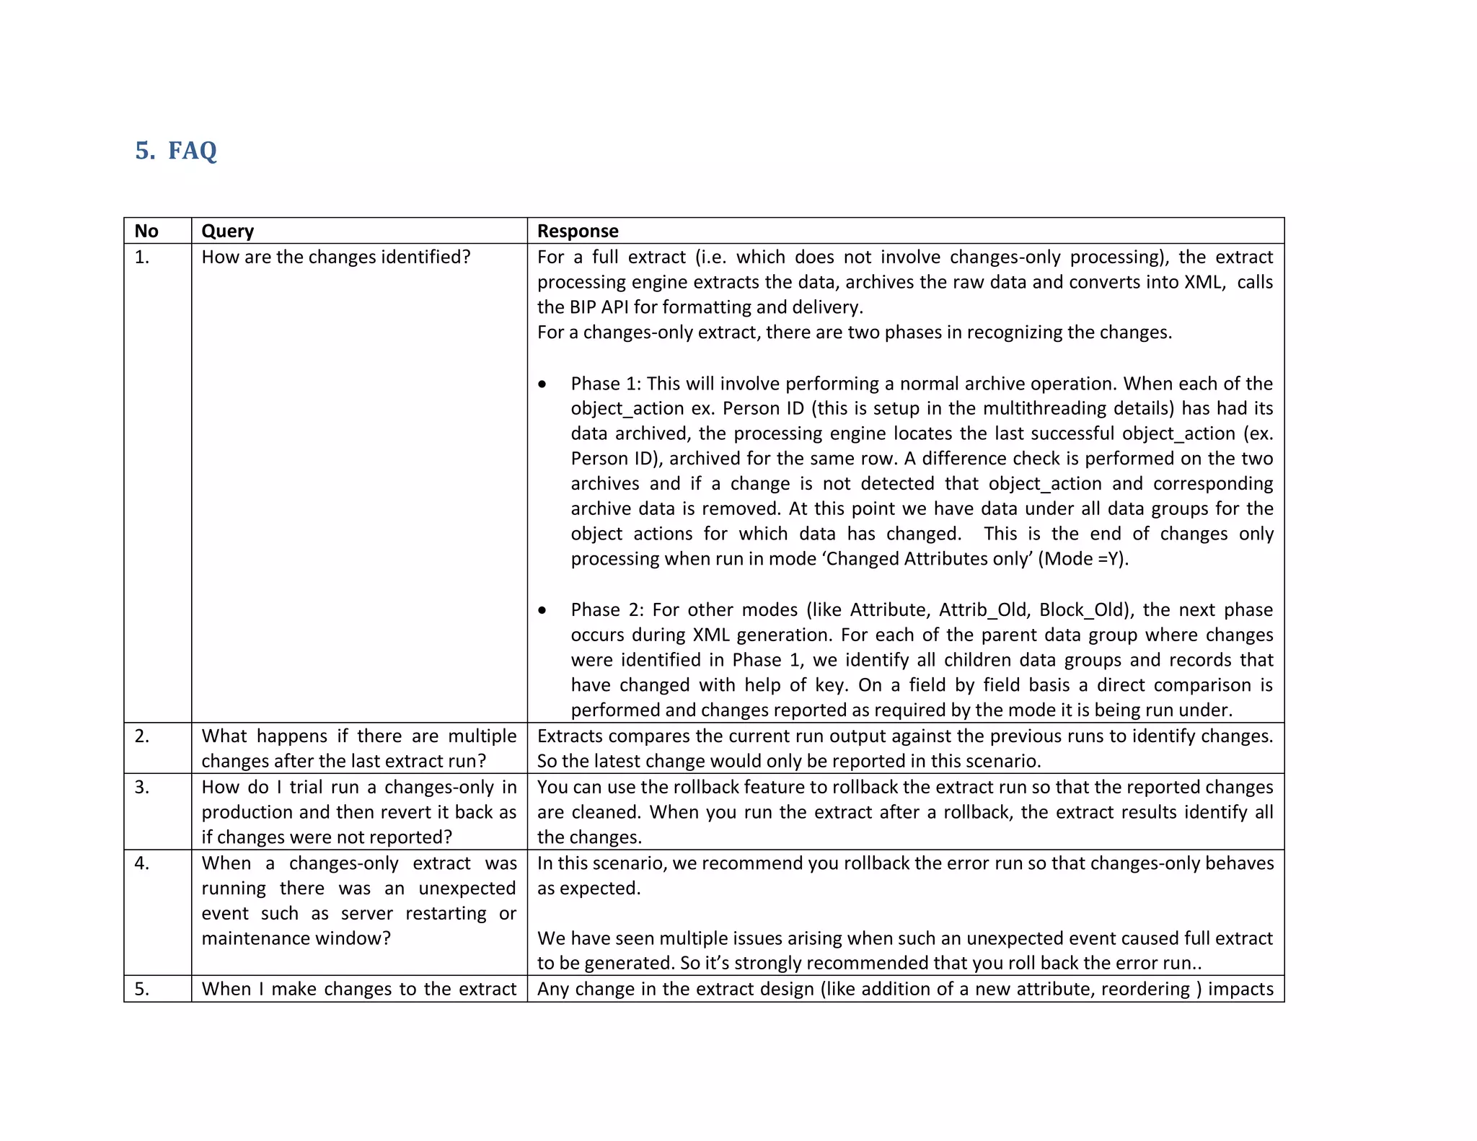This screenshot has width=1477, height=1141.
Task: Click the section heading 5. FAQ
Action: click(176, 151)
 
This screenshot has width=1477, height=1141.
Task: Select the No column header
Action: click(146, 231)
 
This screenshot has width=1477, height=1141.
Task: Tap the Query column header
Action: click(227, 231)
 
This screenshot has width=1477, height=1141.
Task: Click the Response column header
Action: click(578, 231)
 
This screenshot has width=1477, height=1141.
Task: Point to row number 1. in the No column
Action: click(142, 257)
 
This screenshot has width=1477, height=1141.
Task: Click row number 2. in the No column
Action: click(142, 736)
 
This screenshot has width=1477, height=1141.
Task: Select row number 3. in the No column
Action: click(142, 787)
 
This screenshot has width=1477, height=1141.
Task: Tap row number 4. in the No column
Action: click(142, 863)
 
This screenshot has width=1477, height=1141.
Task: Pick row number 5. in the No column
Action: click(142, 989)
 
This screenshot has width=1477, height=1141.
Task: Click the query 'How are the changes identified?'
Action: click(335, 257)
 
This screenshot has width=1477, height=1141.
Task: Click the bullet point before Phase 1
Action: click(542, 384)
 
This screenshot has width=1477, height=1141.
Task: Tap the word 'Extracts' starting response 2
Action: click(570, 736)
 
